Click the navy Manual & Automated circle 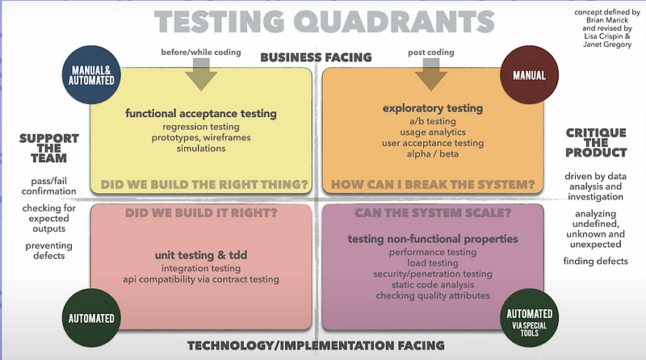tap(91, 75)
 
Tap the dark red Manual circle tap(530, 74)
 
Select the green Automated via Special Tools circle tap(530, 318)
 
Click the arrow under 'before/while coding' tap(201, 74)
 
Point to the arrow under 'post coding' tap(431, 74)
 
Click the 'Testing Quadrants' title tap(325, 22)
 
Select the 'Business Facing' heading tap(316, 57)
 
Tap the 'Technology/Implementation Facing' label tap(316, 345)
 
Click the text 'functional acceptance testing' tap(201, 114)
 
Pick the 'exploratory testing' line tap(433, 108)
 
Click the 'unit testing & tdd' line tap(201, 255)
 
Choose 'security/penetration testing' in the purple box tap(433, 274)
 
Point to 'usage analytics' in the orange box tap(433, 132)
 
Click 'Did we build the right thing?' tap(204, 185)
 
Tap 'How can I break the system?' tap(433, 185)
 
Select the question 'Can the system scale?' tap(433, 213)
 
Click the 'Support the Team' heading tap(49, 149)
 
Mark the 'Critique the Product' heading tap(596, 143)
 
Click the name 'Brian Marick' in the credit tap(607, 20)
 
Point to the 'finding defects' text tap(596, 262)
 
